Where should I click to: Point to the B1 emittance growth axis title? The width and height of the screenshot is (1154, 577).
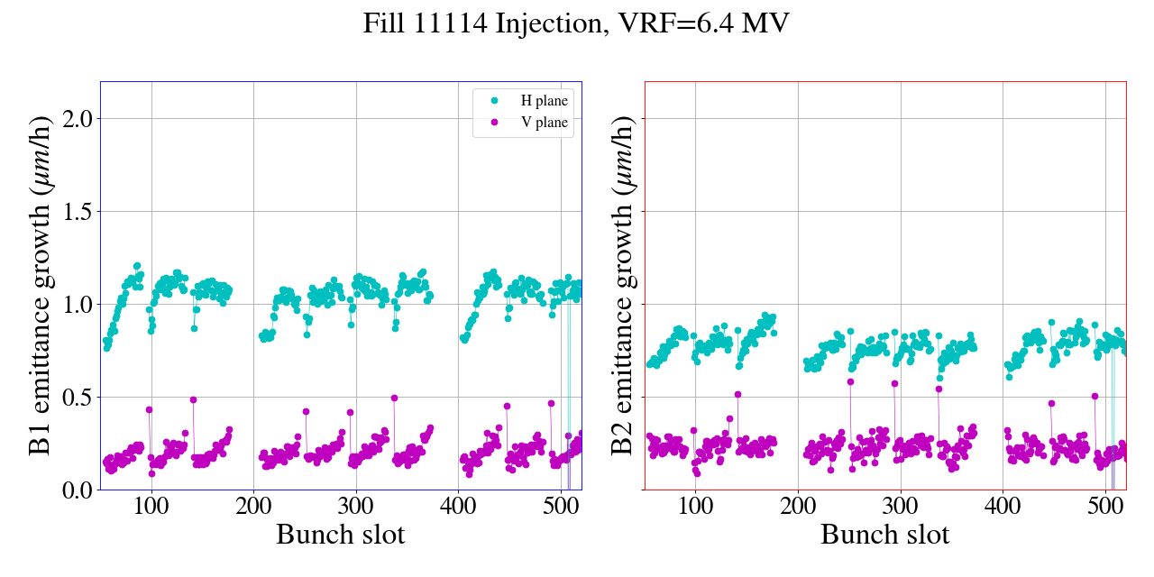tap(41, 285)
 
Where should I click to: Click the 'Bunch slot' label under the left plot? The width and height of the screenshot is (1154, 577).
tap(340, 535)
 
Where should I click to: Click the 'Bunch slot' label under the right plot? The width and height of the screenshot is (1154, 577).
tap(884, 535)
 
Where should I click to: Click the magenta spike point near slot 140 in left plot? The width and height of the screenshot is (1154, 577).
tap(193, 399)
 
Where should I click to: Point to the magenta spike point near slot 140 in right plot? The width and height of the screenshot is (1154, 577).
tap(737, 394)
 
